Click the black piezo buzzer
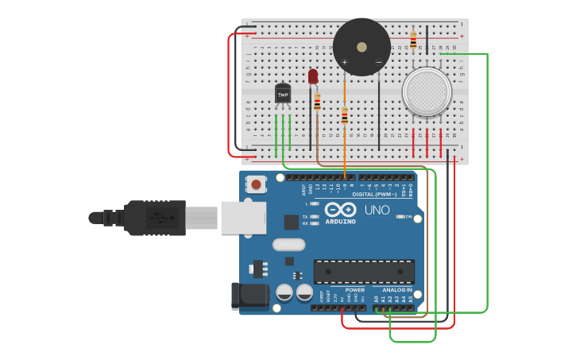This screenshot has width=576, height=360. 361,47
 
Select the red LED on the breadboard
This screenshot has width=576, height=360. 313,76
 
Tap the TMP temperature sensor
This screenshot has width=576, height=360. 283,94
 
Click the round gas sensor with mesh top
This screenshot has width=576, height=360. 427,90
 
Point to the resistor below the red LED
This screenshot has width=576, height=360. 317,102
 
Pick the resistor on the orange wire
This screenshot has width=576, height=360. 344,116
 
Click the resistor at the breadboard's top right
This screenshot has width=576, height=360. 413,40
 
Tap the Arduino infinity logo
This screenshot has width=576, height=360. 340,210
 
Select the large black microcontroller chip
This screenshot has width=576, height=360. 364,271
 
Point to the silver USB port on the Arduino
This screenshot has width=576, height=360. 243,218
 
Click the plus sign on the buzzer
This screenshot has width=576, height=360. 345,61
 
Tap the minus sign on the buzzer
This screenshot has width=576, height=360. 379,61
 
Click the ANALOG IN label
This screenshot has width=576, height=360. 397,290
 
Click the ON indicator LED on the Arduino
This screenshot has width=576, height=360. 400,216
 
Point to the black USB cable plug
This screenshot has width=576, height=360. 155,218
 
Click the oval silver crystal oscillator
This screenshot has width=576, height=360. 288,245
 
